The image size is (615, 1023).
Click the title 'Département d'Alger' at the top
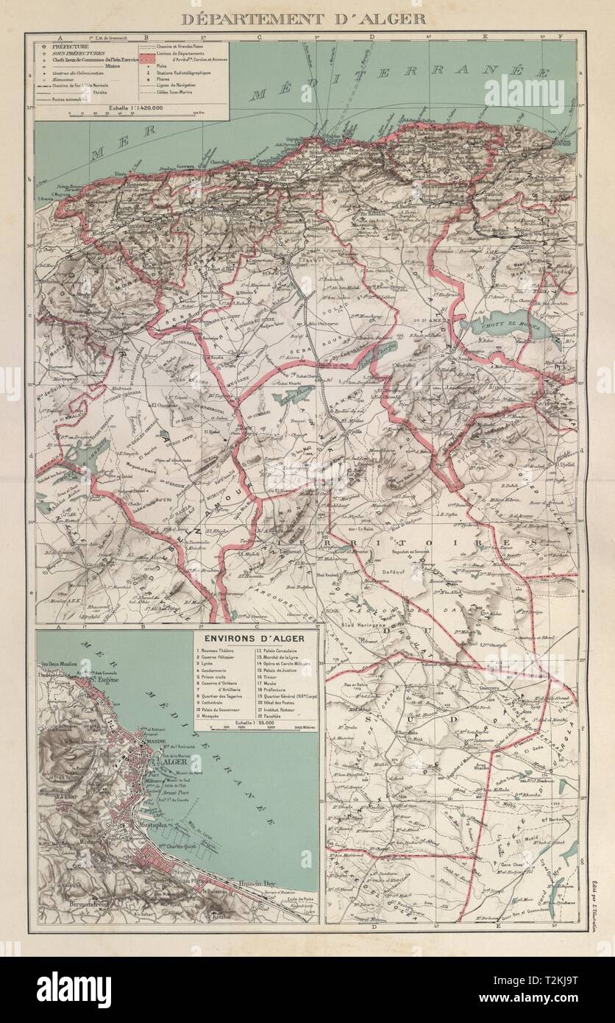coord(303,18)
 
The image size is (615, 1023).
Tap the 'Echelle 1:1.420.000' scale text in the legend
coord(133,107)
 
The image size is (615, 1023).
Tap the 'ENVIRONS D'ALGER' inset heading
coord(254,637)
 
